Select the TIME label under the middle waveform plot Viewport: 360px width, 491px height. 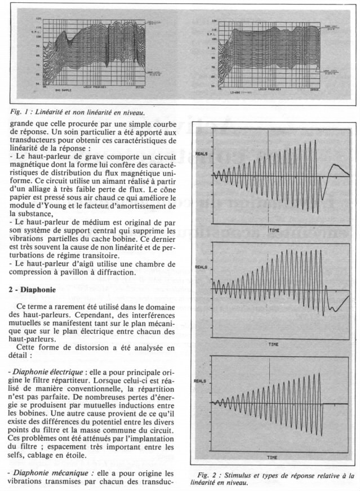273,343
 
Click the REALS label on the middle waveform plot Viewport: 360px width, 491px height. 202,267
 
